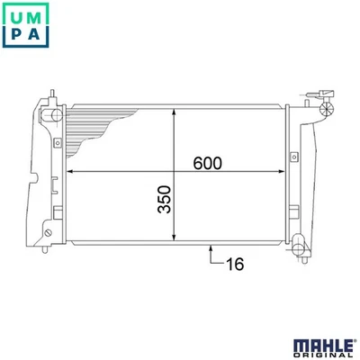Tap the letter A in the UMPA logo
(34, 33)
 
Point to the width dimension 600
(207, 163)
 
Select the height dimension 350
(164, 199)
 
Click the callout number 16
(235, 264)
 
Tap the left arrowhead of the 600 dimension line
(69, 172)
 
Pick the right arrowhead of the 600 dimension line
(281, 172)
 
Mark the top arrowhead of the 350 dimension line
(174, 112)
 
